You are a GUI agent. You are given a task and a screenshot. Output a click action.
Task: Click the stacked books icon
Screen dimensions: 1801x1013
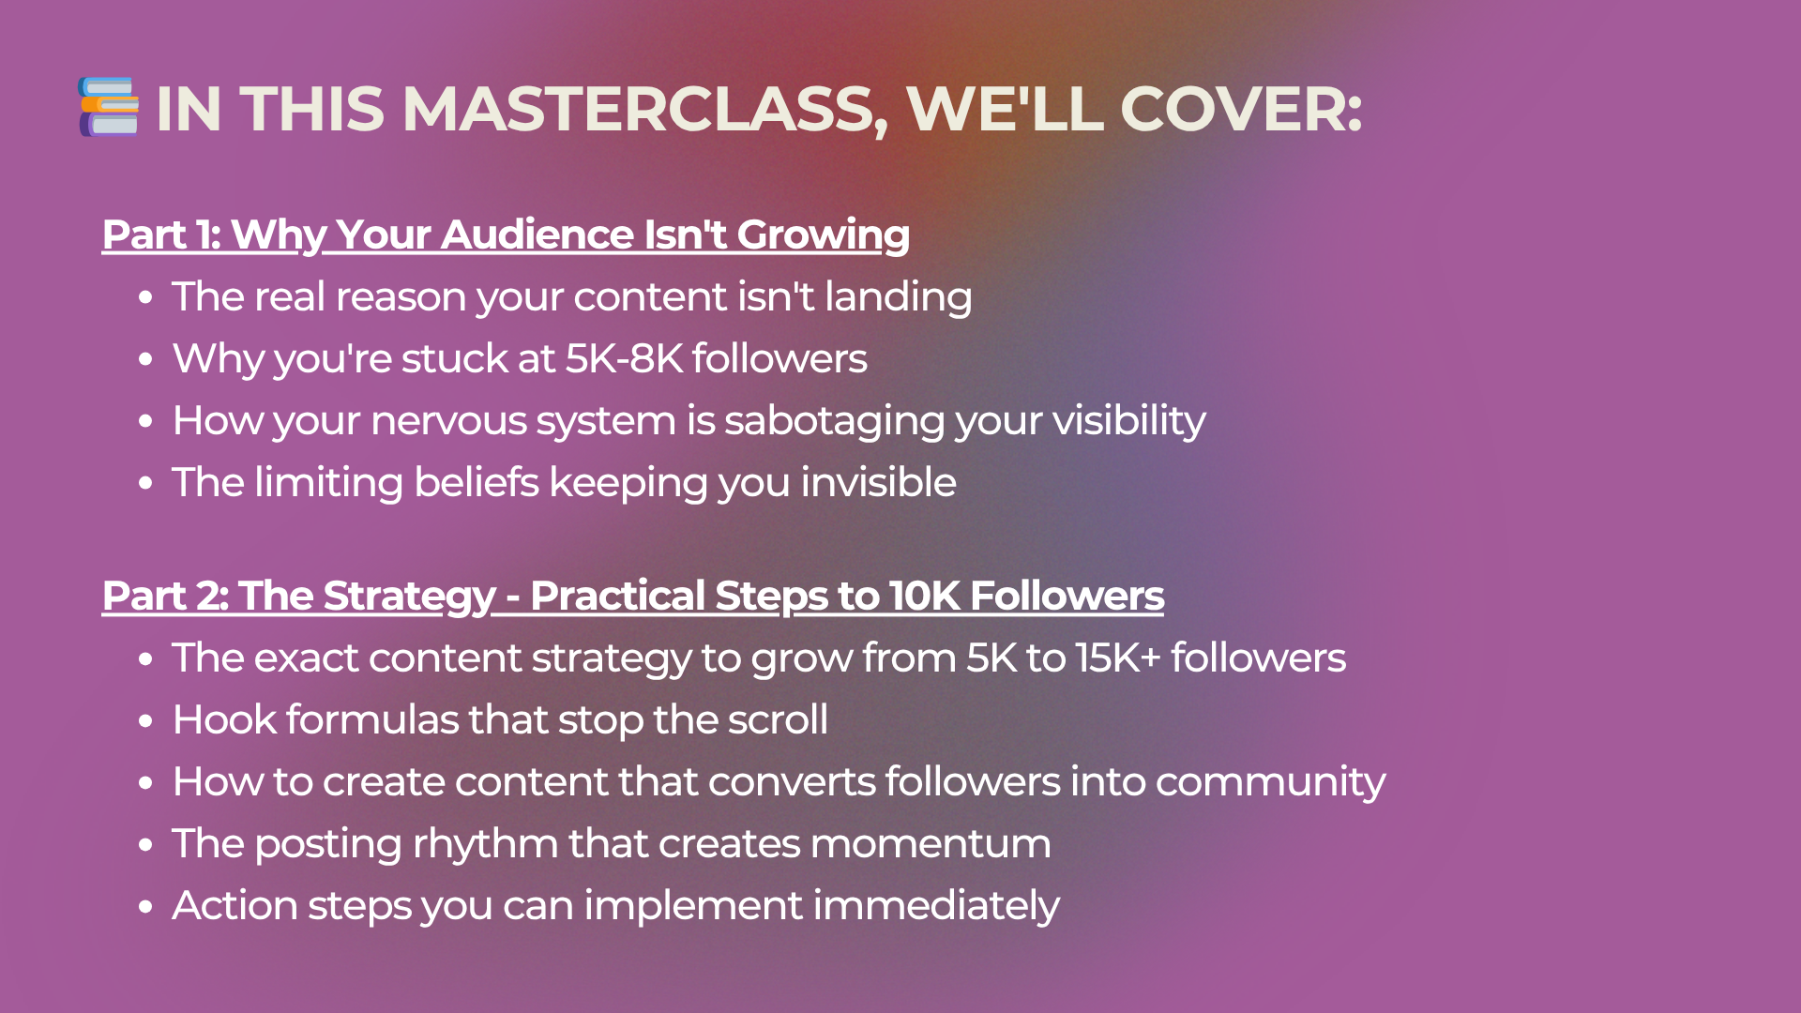(109, 107)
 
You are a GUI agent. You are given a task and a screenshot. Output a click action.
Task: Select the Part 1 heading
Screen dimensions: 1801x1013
(506, 234)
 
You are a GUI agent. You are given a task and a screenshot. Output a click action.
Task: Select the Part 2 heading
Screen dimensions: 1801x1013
(633, 597)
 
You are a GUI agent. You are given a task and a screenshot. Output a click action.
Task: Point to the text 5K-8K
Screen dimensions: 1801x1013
(624, 358)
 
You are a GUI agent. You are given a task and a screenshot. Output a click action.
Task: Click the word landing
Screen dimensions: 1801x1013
(898, 297)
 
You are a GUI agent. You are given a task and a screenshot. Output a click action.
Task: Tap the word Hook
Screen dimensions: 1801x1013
(224, 719)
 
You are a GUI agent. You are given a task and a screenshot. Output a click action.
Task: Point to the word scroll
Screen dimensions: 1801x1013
(778, 719)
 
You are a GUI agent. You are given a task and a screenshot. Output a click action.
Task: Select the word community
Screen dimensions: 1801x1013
(1270, 782)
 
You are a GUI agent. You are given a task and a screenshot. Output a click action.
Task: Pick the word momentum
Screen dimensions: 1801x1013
(931, 844)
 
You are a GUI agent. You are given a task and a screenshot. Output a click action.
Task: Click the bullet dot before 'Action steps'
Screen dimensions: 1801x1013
(144, 907)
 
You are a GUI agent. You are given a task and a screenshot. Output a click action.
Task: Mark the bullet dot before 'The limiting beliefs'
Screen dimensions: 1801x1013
(144, 484)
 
